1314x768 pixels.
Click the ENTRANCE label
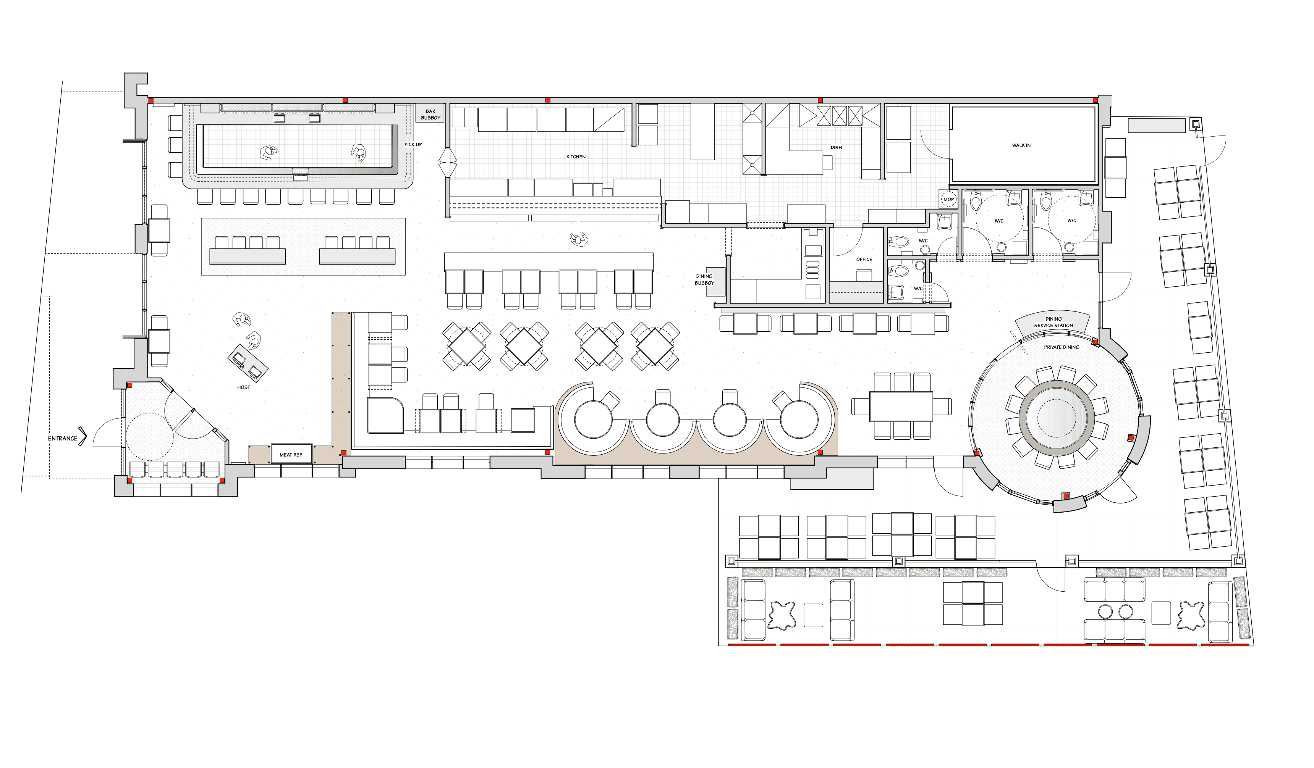tap(63, 439)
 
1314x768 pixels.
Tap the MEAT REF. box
tap(291, 454)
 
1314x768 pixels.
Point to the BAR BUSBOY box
tap(431, 115)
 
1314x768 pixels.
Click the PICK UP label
tap(413, 144)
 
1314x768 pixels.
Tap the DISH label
tap(837, 147)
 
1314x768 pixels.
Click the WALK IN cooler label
tap(1021, 145)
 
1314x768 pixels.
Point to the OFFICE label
tap(864, 260)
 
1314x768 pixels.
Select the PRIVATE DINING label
tap(1062, 347)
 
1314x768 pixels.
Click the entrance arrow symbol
tap(83, 438)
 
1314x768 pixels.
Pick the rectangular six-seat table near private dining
tap(901, 407)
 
